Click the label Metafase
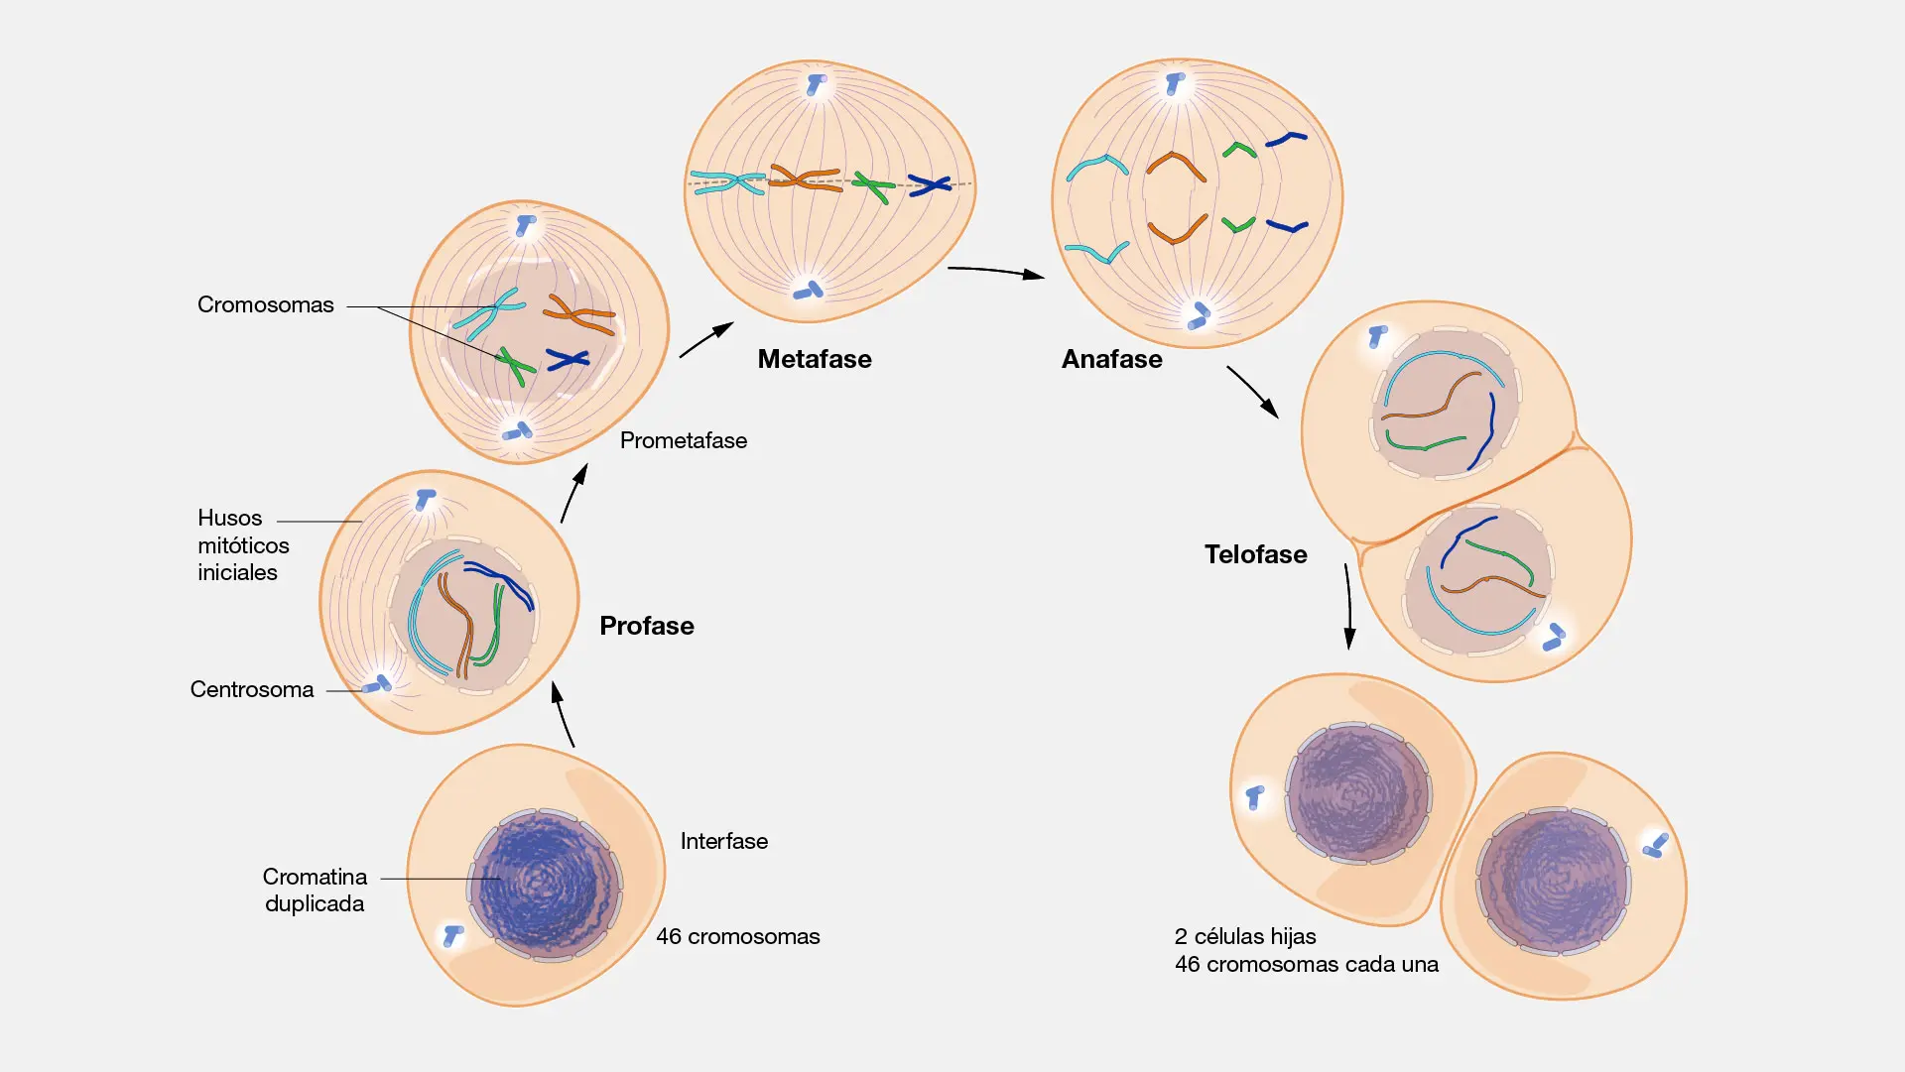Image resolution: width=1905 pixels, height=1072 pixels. (815, 359)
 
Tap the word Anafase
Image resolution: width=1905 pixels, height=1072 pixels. (1111, 359)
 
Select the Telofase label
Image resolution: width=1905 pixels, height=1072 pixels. (1255, 554)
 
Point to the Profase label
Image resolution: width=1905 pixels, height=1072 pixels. (646, 626)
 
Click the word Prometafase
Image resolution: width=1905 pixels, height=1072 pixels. (683, 440)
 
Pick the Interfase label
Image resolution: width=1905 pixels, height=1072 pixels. (723, 841)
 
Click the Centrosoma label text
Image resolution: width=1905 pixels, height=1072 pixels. (251, 689)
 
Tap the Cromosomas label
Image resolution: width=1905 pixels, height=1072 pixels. (265, 304)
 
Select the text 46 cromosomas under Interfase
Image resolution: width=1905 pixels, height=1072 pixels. (737, 936)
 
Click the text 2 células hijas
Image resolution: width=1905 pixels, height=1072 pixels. (1245, 936)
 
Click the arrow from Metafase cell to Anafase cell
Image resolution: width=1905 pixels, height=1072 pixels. (995, 271)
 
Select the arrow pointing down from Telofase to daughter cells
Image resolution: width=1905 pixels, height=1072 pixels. (1348, 606)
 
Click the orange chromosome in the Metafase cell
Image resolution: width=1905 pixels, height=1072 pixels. (805, 179)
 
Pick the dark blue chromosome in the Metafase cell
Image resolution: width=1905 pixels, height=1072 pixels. (930, 184)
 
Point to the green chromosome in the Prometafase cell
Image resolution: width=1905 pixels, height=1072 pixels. (515, 365)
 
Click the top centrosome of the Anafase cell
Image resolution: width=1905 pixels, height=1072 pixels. (1176, 84)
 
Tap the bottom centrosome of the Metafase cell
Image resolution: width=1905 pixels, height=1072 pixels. (809, 291)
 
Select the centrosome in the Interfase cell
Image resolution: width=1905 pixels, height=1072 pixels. (453, 934)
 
